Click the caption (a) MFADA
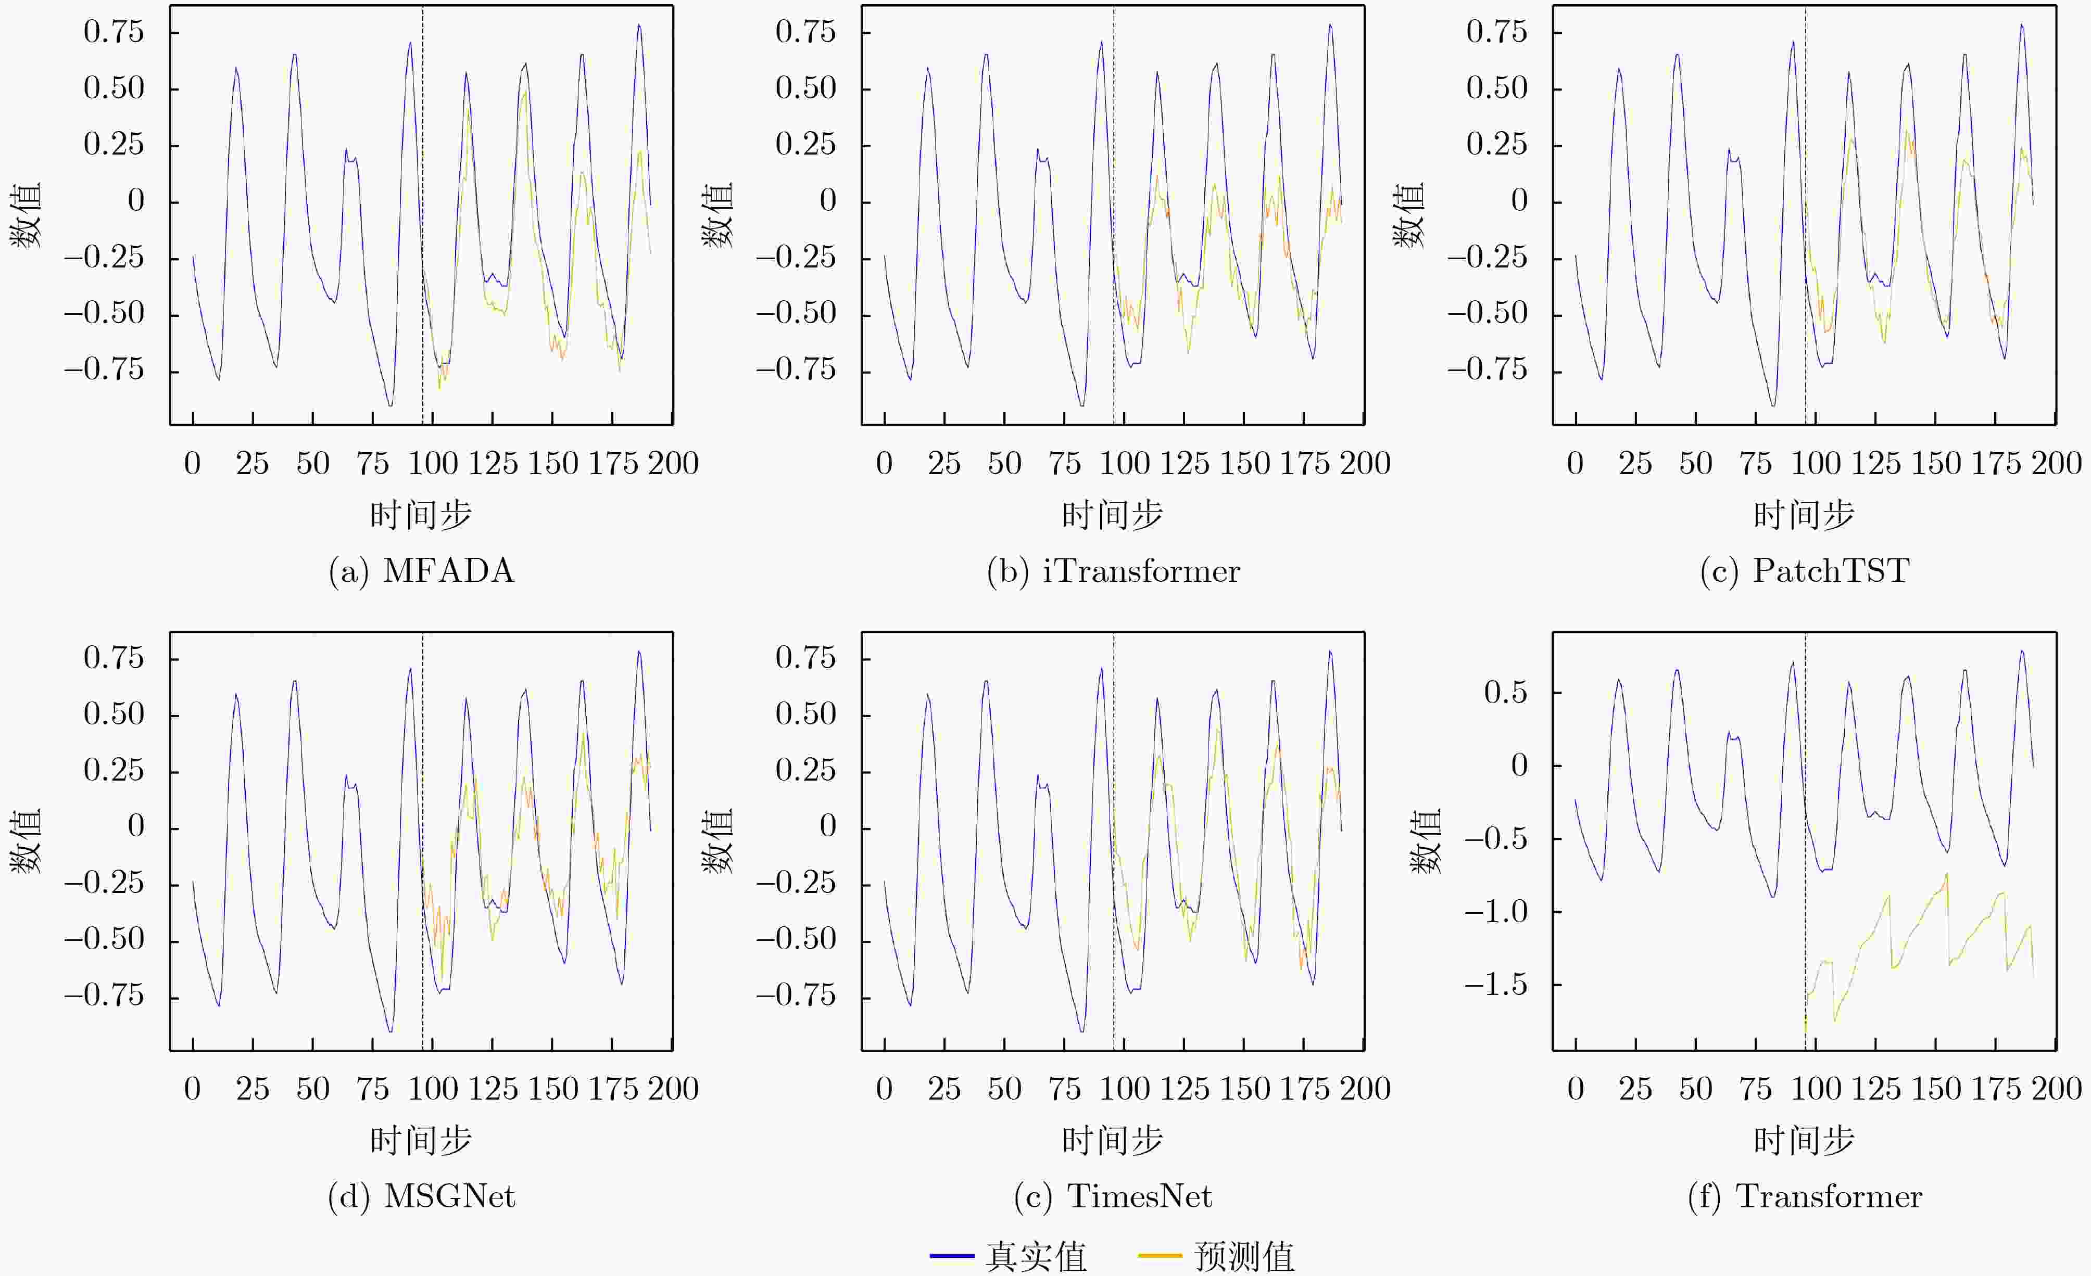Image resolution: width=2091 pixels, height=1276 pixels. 422,571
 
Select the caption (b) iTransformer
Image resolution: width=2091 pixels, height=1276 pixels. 1113,571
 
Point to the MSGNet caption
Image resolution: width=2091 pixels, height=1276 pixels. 422,1196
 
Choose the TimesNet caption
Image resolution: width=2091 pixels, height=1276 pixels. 1113,1196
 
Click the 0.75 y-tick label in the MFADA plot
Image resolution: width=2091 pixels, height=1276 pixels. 114,32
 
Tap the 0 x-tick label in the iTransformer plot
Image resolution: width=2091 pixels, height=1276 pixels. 884,463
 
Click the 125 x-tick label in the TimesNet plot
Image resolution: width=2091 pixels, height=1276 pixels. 1185,1089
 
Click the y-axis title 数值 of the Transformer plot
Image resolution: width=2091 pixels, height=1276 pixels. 1426,841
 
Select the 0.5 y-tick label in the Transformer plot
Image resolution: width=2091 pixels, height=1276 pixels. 1505,692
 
